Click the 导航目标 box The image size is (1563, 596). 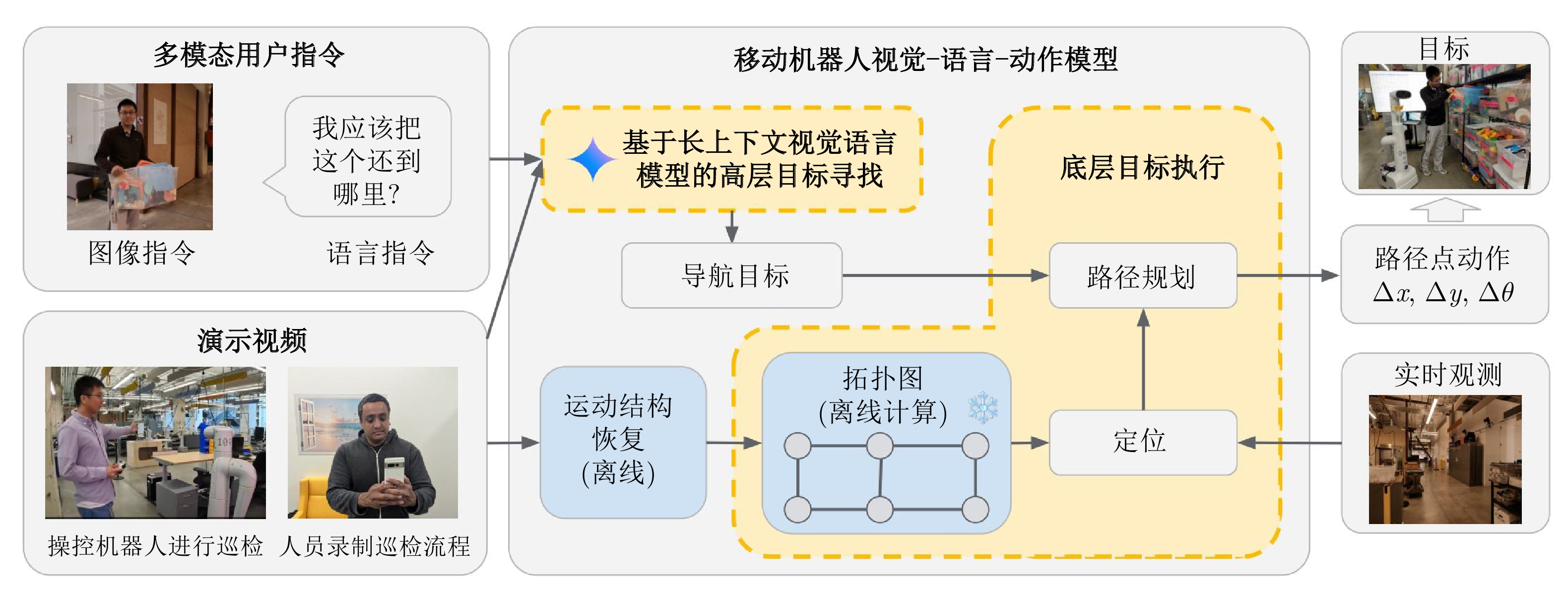(732, 275)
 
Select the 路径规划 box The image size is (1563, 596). (1143, 276)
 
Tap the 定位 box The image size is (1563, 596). (1143, 442)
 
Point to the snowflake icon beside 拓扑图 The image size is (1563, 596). (983, 408)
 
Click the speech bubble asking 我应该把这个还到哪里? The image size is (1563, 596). (367, 159)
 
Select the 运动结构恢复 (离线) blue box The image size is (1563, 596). (623, 442)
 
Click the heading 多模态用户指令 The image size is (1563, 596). (249, 55)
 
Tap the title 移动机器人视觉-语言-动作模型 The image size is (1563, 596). (925, 60)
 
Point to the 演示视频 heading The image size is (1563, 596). (252, 340)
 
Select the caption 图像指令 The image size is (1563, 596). (141, 253)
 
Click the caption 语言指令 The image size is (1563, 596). (381, 253)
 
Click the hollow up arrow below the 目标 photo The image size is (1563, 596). (1445, 210)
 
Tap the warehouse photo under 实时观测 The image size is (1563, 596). (1445, 459)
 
